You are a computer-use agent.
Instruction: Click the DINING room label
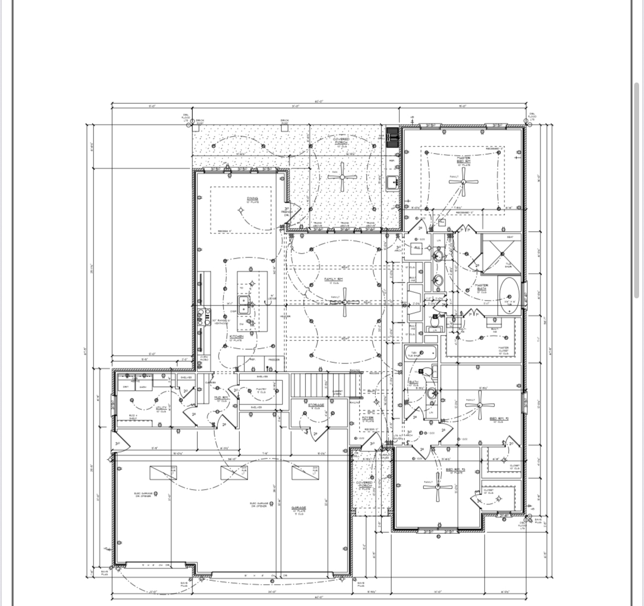pos(252,199)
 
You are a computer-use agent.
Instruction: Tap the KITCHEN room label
pos(237,337)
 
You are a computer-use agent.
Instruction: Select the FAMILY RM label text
pos(333,279)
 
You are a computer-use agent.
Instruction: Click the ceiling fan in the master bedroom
pos(464,183)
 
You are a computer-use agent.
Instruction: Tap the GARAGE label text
pos(298,508)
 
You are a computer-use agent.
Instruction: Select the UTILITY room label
pos(161,408)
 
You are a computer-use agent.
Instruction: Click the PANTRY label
pos(262,390)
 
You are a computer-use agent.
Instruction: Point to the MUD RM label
pos(221,398)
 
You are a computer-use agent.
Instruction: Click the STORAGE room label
pos(316,405)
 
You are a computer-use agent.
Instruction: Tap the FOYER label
pos(368,419)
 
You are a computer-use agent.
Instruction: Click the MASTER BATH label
pos(481,287)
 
